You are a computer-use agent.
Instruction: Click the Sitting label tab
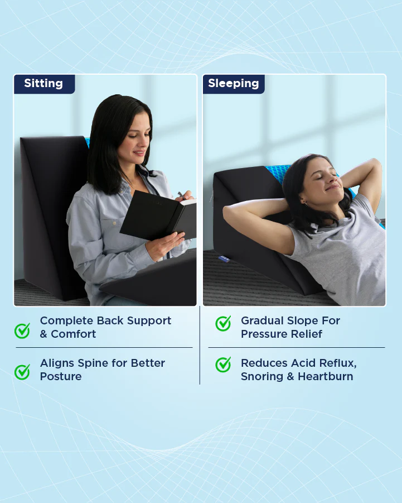[43, 84]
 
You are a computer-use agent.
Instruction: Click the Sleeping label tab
[233, 84]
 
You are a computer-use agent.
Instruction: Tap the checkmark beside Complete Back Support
[22, 330]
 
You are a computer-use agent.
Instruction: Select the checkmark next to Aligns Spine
[22, 372]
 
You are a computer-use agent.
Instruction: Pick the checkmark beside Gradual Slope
[223, 323]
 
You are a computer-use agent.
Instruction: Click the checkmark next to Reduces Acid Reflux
[223, 365]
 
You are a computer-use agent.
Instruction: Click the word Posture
[61, 377]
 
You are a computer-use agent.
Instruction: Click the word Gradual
[263, 321]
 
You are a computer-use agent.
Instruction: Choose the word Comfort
[74, 334]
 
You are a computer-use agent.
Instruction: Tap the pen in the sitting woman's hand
[182, 195]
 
